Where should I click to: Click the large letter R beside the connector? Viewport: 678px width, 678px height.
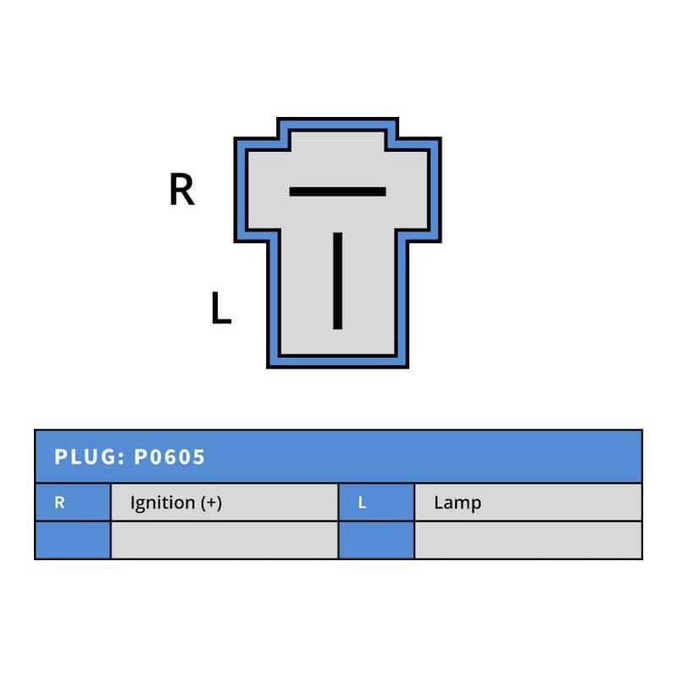181,190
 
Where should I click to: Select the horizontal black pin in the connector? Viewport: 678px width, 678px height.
337,192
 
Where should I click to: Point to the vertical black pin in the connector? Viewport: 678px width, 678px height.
337,280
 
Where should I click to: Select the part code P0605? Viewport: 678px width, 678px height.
169,458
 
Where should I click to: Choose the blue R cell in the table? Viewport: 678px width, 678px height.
73,503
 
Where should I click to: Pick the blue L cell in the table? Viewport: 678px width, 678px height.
376,503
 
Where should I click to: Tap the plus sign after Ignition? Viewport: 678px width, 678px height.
211,503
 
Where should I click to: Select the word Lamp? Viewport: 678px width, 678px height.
457,503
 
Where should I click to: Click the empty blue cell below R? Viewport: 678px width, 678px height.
73,540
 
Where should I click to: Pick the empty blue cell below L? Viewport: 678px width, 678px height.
376,540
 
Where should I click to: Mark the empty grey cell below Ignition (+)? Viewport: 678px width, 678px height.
224,540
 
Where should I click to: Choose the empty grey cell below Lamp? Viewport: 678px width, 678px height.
527,540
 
